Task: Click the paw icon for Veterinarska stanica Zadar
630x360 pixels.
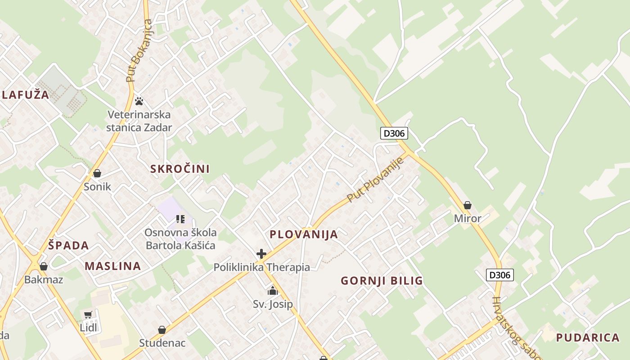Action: tap(139, 101)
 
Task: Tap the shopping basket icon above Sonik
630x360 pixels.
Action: tap(97, 173)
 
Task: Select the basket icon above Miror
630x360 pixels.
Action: tap(468, 205)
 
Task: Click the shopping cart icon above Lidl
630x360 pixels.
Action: tap(88, 315)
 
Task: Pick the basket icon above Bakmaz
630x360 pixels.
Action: tap(44, 266)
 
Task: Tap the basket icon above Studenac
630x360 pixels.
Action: tap(162, 330)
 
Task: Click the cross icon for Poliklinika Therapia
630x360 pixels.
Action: tap(261, 254)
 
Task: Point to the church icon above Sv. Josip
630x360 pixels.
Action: tap(273, 291)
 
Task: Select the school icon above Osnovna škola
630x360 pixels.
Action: tap(180, 219)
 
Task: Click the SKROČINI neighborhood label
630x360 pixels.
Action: tap(180, 169)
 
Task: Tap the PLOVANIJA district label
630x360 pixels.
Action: tap(304, 234)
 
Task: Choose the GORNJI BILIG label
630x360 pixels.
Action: tap(382, 281)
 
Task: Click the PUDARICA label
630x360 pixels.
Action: tap(588, 337)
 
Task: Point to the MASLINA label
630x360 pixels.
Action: tap(113, 266)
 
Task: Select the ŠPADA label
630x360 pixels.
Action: tap(68, 246)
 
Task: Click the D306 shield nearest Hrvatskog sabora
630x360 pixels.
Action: tap(500, 274)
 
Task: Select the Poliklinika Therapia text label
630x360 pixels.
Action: tap(261, 267)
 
